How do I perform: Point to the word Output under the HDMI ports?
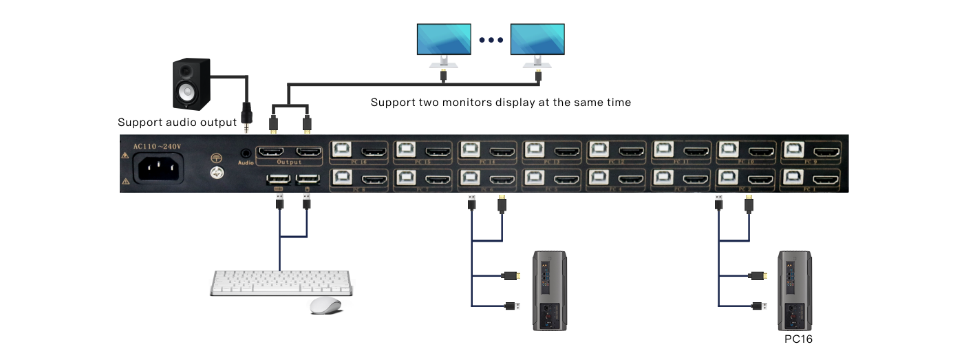(x=289, y=162)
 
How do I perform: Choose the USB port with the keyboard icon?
(x=277, y=180)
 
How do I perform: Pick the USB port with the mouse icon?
(x=306, y=180)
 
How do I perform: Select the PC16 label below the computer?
(x=799, y=339)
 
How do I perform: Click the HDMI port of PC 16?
(x=374, y=151)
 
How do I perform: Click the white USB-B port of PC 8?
(x=343, y=178)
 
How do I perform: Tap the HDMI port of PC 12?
(x=632, y=151)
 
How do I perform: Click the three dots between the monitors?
(x=491, y=39)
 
